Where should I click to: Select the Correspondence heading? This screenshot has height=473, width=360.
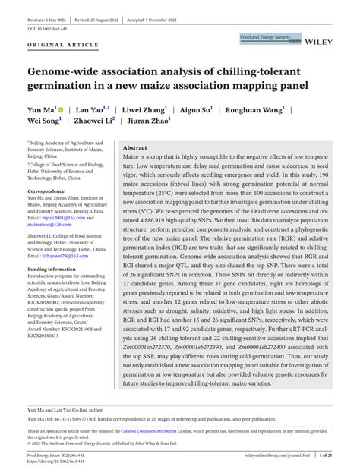pos(47,191)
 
